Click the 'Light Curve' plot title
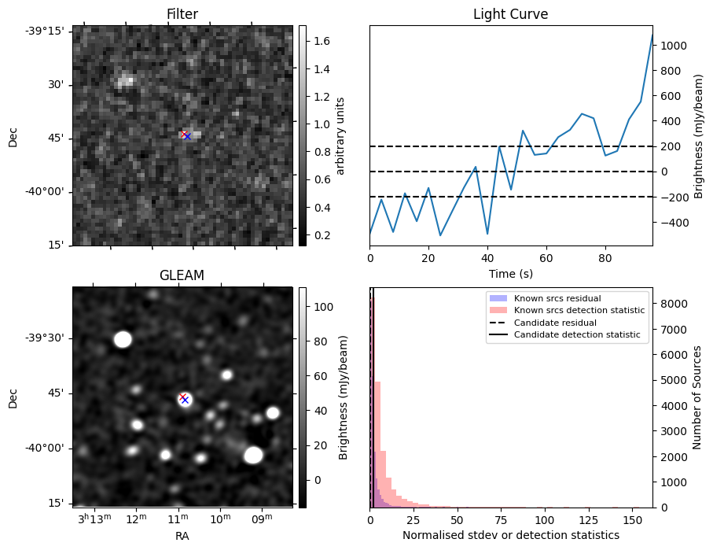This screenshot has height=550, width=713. click(510, 14)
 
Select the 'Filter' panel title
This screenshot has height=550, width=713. click(182, 14)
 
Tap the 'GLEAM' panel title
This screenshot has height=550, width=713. click(182, 275)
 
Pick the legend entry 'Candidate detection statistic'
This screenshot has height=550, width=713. click(576, 335)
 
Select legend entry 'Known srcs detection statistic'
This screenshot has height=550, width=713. click(579, 311)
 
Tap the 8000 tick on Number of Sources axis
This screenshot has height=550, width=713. click(672, 304)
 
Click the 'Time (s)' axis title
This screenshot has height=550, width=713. click(510, 273)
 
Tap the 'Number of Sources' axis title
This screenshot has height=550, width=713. click(696, 397)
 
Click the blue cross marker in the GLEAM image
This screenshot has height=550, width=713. click(186, 400)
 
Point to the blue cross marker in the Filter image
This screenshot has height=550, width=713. click(187, 137)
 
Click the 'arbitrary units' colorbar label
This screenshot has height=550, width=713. click(340, 135)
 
